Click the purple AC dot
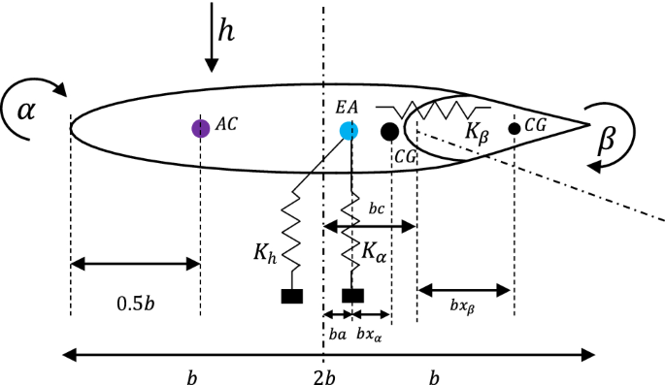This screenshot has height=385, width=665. (200, 128)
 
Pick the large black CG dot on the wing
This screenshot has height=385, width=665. (389, 131)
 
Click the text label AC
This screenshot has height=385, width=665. (226, 125)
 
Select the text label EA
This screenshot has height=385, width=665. (346, 107)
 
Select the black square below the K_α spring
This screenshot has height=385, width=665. (352, 296)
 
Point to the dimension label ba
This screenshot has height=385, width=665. (337, 335)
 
